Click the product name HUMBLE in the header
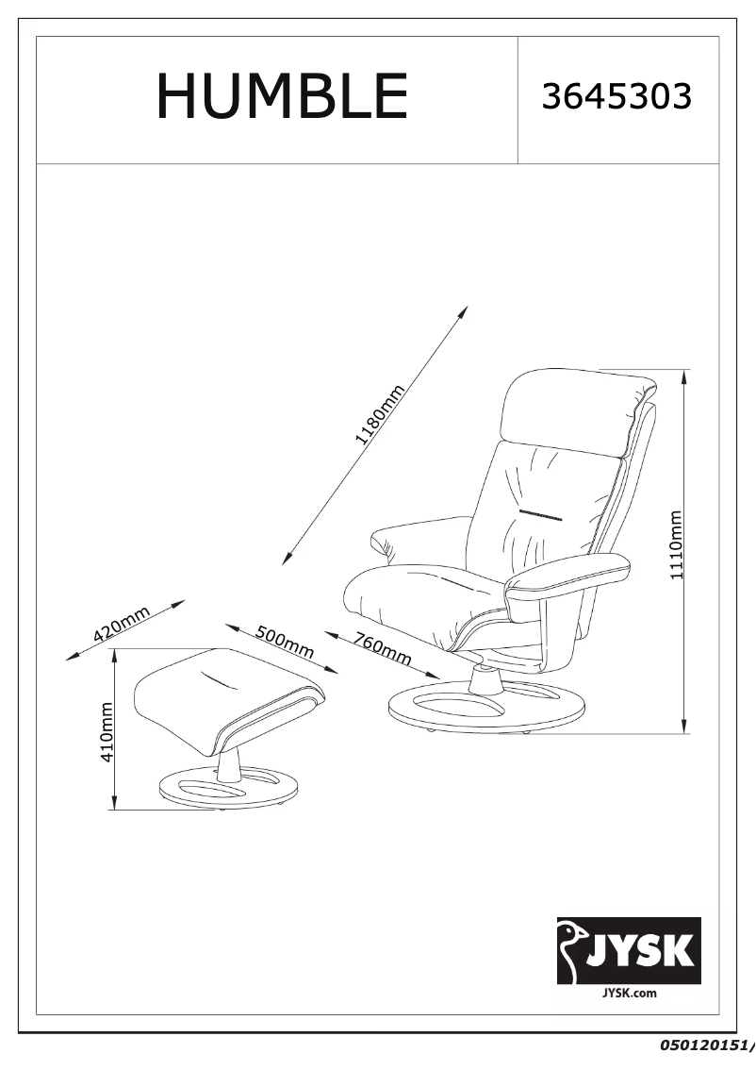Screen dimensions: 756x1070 [282, 96]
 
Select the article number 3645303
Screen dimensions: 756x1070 [616, 96]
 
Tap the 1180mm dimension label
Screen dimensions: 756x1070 [381, 414]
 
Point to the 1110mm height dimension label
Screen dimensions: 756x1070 [675, 544]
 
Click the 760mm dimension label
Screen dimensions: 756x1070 [383, 648]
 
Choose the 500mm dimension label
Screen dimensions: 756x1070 [285, 642]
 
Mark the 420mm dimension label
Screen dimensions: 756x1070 [122, 624]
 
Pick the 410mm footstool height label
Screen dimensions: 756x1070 [107, 732]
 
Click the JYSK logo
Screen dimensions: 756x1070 [629, 950]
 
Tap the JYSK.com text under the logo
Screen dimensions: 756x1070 [629, 993]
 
